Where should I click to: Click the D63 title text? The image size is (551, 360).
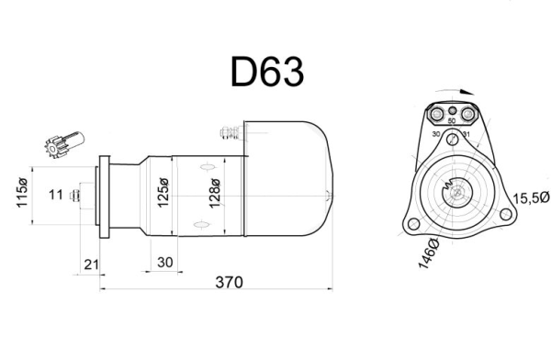pyautogui.click(x=267, y=72)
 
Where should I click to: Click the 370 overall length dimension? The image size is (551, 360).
pyautogui.click(x=229, y=282)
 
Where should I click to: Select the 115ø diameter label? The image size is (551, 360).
pyautogui.click(x=22, y=193)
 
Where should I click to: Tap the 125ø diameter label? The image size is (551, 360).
pyautogui.click(x=163, y=193)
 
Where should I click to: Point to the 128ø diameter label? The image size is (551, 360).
pyautogui.click(x=214, y=194)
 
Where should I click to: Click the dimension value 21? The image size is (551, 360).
pyautogui.click(x=91, y=264)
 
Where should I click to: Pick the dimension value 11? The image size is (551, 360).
pyautogui.click(x=55, y=195)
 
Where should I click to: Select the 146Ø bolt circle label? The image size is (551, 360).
pyautogui.click(x=429, y=253)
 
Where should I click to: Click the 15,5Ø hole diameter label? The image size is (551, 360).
pyautogui.click(x=531, y=198)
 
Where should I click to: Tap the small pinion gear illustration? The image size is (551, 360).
pyautogui.click(x=64, y=144)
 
